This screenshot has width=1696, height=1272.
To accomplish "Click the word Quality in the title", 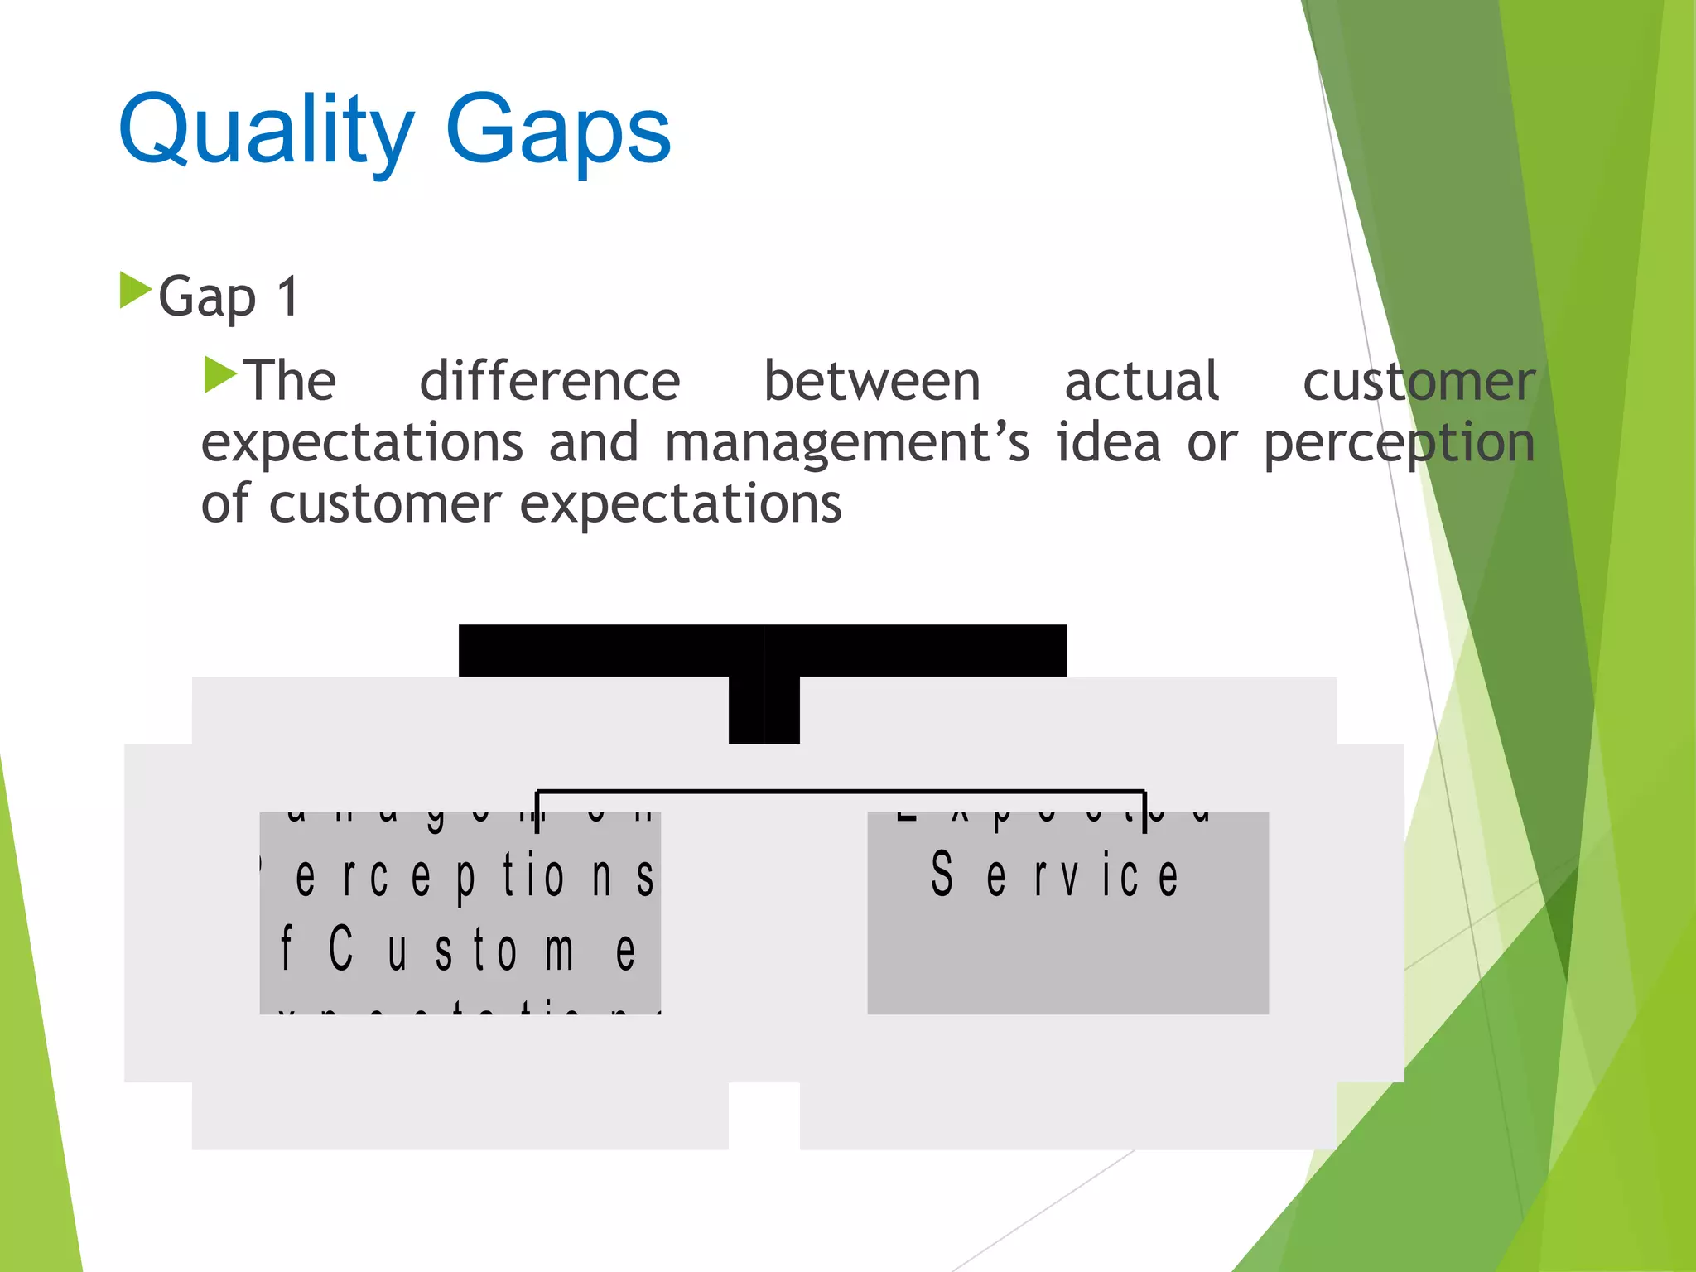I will click(265, 131).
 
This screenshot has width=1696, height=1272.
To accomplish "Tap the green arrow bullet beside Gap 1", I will click(135, 291).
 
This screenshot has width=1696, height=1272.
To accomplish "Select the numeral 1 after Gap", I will click(287, 296).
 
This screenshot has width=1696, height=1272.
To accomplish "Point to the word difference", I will click(550, 382).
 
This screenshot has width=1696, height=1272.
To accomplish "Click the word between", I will click(871, 382).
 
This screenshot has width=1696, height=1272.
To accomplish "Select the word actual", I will click(1141, 382).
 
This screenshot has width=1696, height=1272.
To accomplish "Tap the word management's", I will click(846, 443).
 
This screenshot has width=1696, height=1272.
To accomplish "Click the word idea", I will click(1108, 443).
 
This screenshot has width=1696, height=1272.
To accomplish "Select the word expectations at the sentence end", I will click(680, 505).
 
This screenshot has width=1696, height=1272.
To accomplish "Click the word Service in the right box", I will click(1054, 875).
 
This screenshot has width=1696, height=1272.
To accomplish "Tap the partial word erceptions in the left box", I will click(475, 877).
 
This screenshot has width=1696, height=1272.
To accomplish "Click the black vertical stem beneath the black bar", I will click(764, 710).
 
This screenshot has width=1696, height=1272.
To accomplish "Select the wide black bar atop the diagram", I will click(762, 651).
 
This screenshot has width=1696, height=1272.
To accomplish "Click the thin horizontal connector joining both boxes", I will click(841, 792).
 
